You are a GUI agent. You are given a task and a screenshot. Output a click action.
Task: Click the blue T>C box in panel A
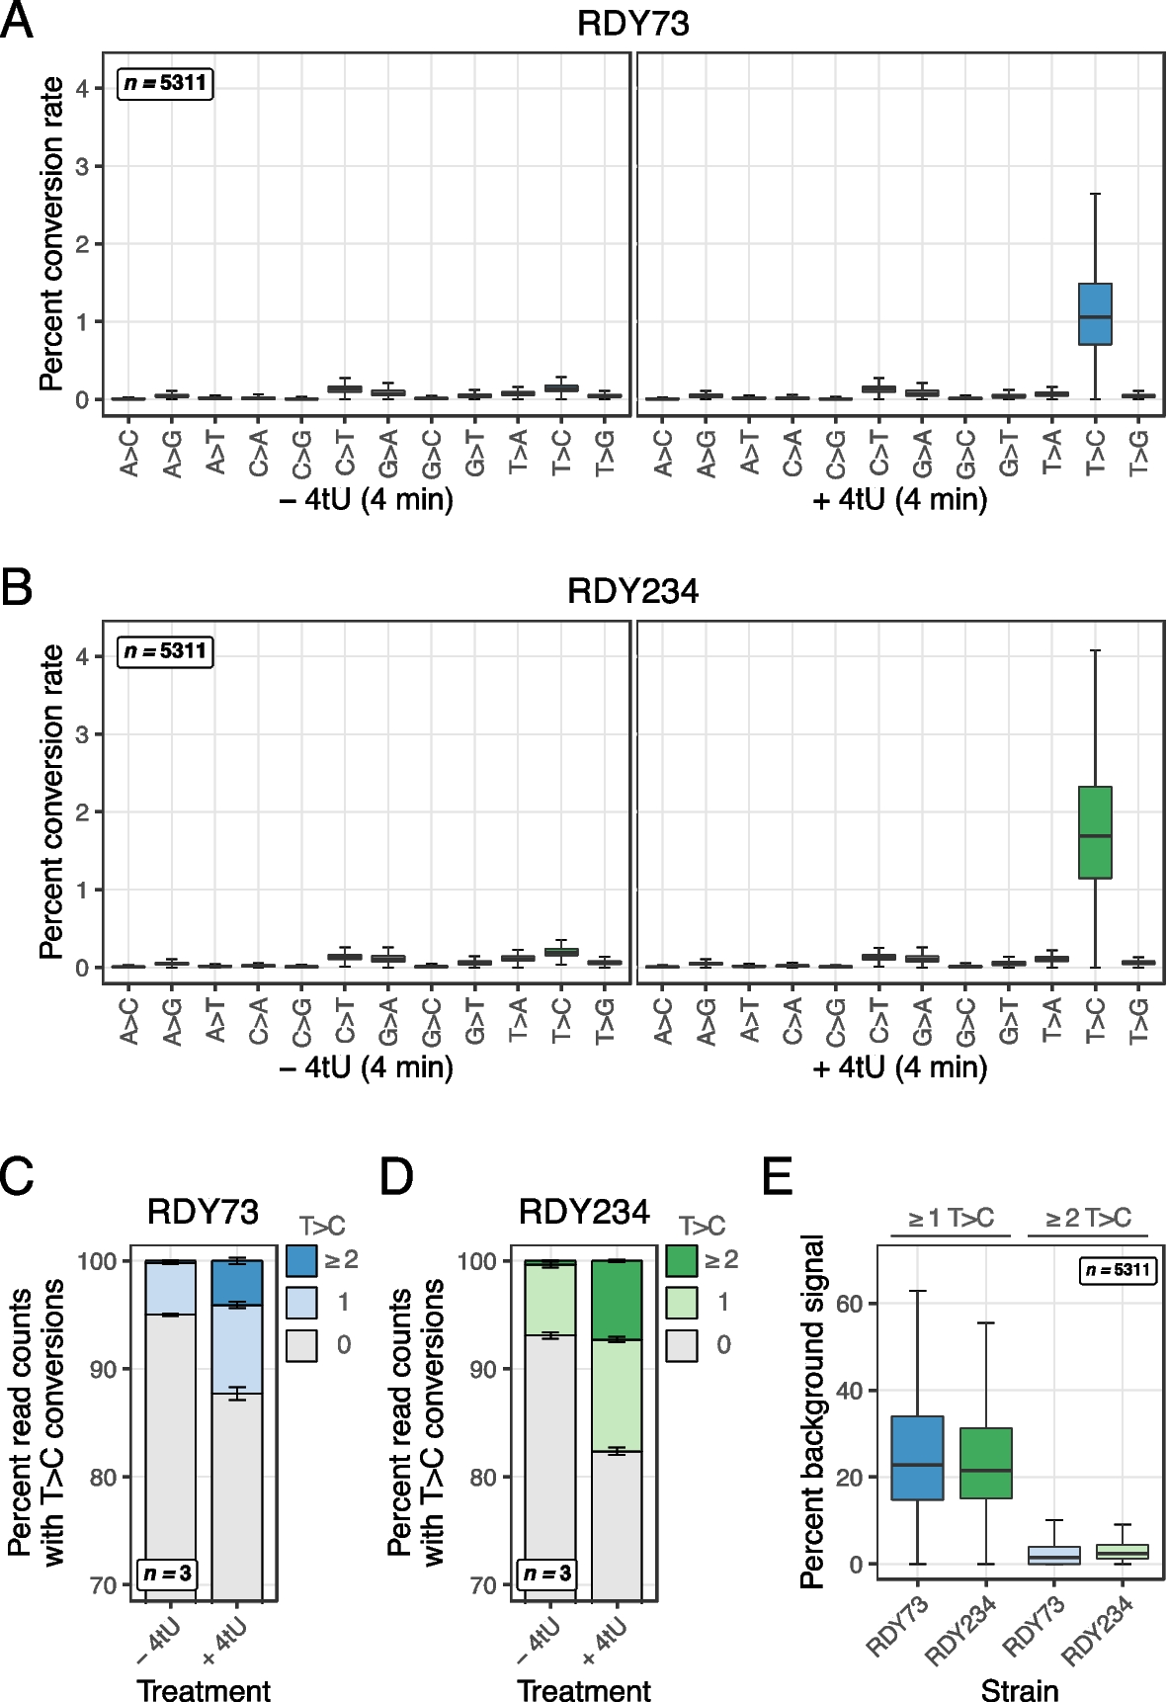pos(1095,314)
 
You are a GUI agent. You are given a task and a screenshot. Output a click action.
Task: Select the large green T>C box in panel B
pos(1095,832)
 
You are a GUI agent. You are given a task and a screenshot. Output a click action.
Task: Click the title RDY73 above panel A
pos(632,24)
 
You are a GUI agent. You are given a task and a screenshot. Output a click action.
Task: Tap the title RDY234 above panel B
pos(632,591)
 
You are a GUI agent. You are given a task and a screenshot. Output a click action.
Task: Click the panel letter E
pos(779,1177)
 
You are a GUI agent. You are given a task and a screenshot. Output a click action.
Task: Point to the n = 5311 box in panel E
pos(1119,1270)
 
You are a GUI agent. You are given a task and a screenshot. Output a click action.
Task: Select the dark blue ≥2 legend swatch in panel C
pos(301,1260)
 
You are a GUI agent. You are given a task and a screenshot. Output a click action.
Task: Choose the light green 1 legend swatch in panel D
pos(682,1303)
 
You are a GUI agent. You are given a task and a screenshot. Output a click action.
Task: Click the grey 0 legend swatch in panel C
pos(301,1345)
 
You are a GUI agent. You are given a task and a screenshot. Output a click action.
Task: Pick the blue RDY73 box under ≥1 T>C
pos(917,1458)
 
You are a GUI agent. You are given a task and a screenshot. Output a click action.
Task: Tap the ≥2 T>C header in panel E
pos(1087,1219)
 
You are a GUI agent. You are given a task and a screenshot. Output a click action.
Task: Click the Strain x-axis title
pos(1019,1690)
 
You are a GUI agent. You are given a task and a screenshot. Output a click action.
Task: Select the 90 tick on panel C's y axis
pos(104,1370)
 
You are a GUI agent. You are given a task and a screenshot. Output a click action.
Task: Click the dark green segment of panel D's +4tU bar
pos(617,1300)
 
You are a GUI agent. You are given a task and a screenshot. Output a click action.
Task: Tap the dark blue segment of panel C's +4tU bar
pos(237,1283)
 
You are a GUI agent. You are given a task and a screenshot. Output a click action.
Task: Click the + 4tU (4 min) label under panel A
pos(899,500)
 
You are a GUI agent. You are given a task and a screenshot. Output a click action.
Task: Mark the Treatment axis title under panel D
pos(583,1690)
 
